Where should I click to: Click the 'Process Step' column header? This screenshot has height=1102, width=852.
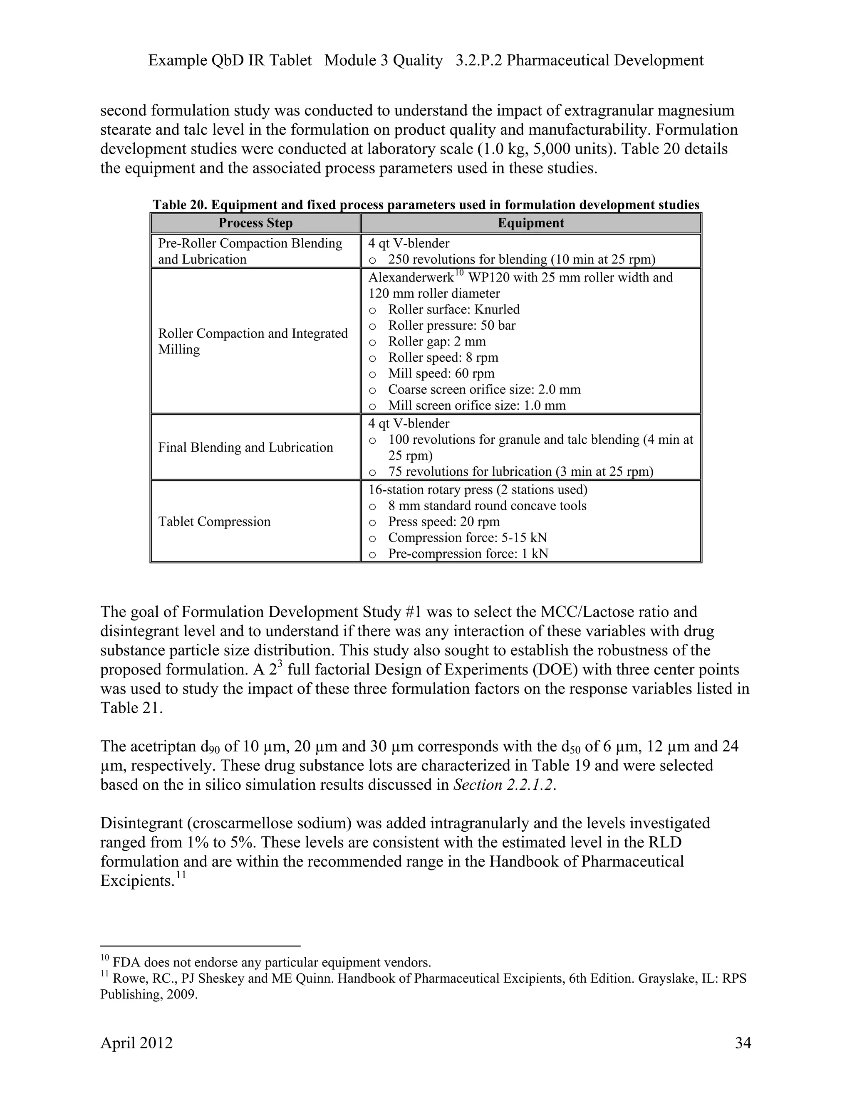tap(255, 223)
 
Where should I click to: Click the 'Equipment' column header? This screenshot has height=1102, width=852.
tap(530, 223)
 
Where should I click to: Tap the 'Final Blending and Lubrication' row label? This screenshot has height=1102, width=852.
tap(245, 447)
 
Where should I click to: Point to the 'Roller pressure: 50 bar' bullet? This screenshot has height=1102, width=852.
tap(451, 326)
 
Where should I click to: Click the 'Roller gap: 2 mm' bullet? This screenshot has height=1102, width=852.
tap(436, 341)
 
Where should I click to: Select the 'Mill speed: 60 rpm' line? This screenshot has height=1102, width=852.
tap(441, 373)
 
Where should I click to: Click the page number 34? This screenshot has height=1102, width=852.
tap(743, 1043)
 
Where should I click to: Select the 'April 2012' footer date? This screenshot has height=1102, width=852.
tap(136, 1043)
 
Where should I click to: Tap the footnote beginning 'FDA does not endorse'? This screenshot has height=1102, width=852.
tap(272, 962)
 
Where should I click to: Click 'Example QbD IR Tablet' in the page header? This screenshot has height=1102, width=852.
tap(230, 61)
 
